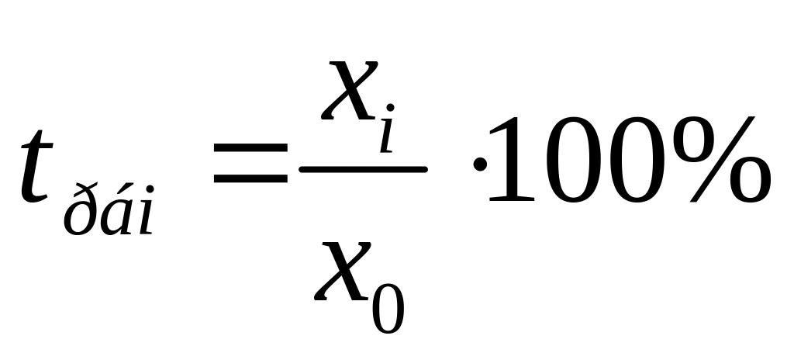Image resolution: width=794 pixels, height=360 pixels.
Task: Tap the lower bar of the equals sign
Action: (x=250, y=181)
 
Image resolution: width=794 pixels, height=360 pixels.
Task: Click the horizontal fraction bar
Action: (x=364, y=169)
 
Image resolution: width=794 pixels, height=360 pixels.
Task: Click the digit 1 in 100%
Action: (x=513, y=158)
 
